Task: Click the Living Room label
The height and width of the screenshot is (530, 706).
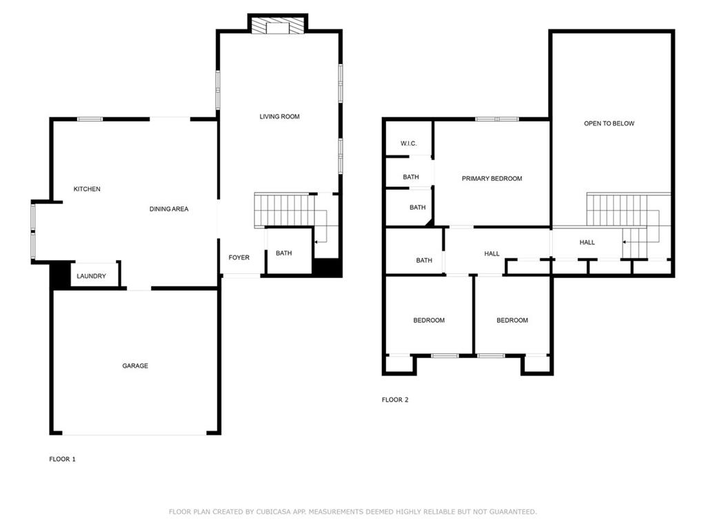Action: point(279,116)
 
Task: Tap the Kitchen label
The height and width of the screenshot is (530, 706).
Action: point(87,189)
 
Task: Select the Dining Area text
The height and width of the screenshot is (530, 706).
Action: point(169,208)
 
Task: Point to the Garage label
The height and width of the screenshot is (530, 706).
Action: point(135,366)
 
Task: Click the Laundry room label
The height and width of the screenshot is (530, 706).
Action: point(92,276)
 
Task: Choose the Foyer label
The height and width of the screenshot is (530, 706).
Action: point(239,257)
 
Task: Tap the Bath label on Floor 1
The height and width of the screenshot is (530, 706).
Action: point(283,253)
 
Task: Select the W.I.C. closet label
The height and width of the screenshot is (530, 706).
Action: point(408,144)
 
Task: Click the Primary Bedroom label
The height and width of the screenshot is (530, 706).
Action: point(492,179)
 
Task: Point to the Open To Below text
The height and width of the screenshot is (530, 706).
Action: point(609,123)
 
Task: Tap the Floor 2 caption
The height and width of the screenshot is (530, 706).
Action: point(395,400)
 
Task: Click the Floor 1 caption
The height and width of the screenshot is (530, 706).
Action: point(62,459)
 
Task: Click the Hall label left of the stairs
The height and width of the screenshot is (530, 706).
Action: point(587,242)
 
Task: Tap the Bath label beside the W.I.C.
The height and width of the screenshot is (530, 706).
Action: point(411,177)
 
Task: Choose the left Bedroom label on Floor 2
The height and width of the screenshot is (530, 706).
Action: point(429,320)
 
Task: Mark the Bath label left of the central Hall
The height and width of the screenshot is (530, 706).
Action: point(424,260)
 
